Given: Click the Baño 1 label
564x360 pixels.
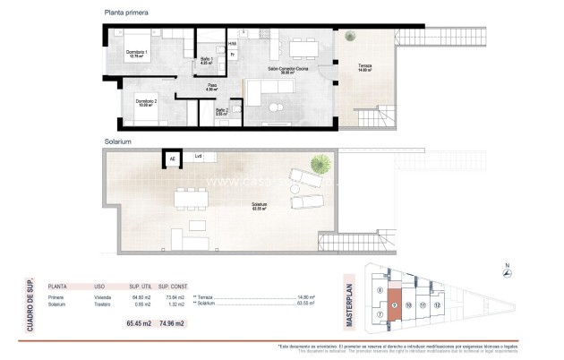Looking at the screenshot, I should [205, 59].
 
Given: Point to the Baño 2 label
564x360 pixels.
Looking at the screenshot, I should [221, 112].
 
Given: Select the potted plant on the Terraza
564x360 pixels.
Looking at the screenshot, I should [350, 36].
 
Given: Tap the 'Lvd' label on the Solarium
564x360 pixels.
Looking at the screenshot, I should [198, 157].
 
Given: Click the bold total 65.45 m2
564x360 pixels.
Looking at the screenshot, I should [141, 323].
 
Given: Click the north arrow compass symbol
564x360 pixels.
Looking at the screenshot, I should [506, 276].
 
